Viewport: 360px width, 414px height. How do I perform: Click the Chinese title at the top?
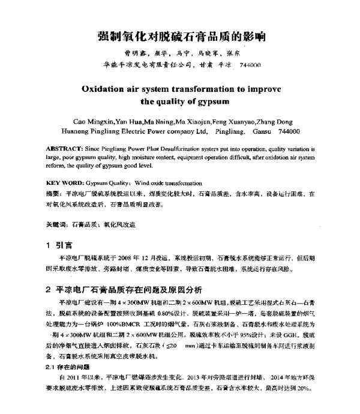180,37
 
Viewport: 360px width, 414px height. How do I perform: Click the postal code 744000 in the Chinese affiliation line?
248,64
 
